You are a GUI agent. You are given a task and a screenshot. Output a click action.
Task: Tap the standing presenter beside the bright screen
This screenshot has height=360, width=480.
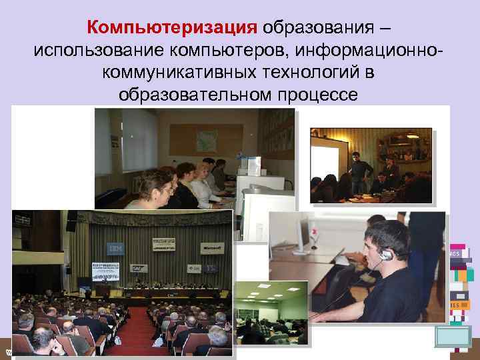coord(358,170)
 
